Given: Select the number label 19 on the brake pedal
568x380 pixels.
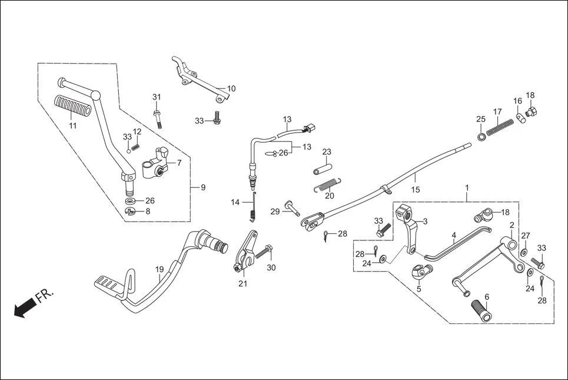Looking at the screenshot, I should [160, 270].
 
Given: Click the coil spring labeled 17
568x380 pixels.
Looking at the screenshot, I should [499, 125].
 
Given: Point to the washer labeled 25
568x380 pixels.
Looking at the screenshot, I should [481, 138].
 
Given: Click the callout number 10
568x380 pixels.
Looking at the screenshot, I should [231, 88].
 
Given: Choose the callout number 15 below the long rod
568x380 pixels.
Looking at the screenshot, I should [415, 190].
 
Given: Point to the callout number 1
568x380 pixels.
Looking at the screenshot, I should [467, 188].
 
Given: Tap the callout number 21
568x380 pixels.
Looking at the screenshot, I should [243, 284].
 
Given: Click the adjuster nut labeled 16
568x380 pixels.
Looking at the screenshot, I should [520, 117].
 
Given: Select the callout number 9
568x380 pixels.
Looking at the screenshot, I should [202, 188].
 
